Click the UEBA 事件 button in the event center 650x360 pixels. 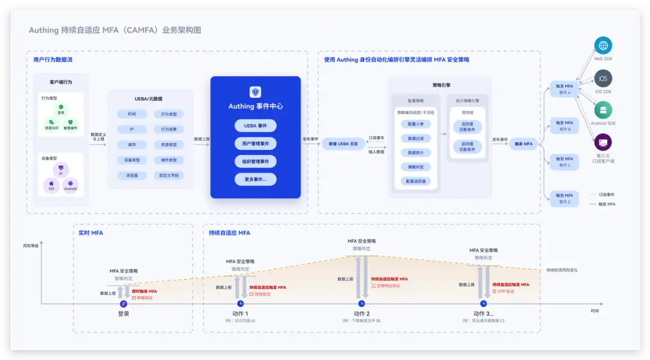[x=255, y=126]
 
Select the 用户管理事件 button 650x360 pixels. [x=255, y=144]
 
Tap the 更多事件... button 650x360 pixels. [x=255, y=179]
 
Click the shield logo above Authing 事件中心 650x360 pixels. [x=255, y=92]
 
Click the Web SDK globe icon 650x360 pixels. [x=602, y=46]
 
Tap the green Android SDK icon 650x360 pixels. [x=602, y=110]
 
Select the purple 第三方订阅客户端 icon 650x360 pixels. [x=602, y=143]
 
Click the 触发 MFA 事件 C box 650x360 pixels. [x=565, y=162]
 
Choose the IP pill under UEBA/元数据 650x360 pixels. [x=131, y=129]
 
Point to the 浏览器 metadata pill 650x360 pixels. [x=131, y=176]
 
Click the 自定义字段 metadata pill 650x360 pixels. [x=168, y=176]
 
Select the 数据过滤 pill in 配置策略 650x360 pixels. [x=416, y=138]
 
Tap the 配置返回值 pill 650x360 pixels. [x=416, y=181]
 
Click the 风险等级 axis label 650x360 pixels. [x=31, y=246]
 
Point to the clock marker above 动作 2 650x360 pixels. [x=362, y=303]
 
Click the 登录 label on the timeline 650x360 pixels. [x=123, y=314]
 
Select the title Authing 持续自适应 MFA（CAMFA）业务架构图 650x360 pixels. [x=115, y=30]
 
